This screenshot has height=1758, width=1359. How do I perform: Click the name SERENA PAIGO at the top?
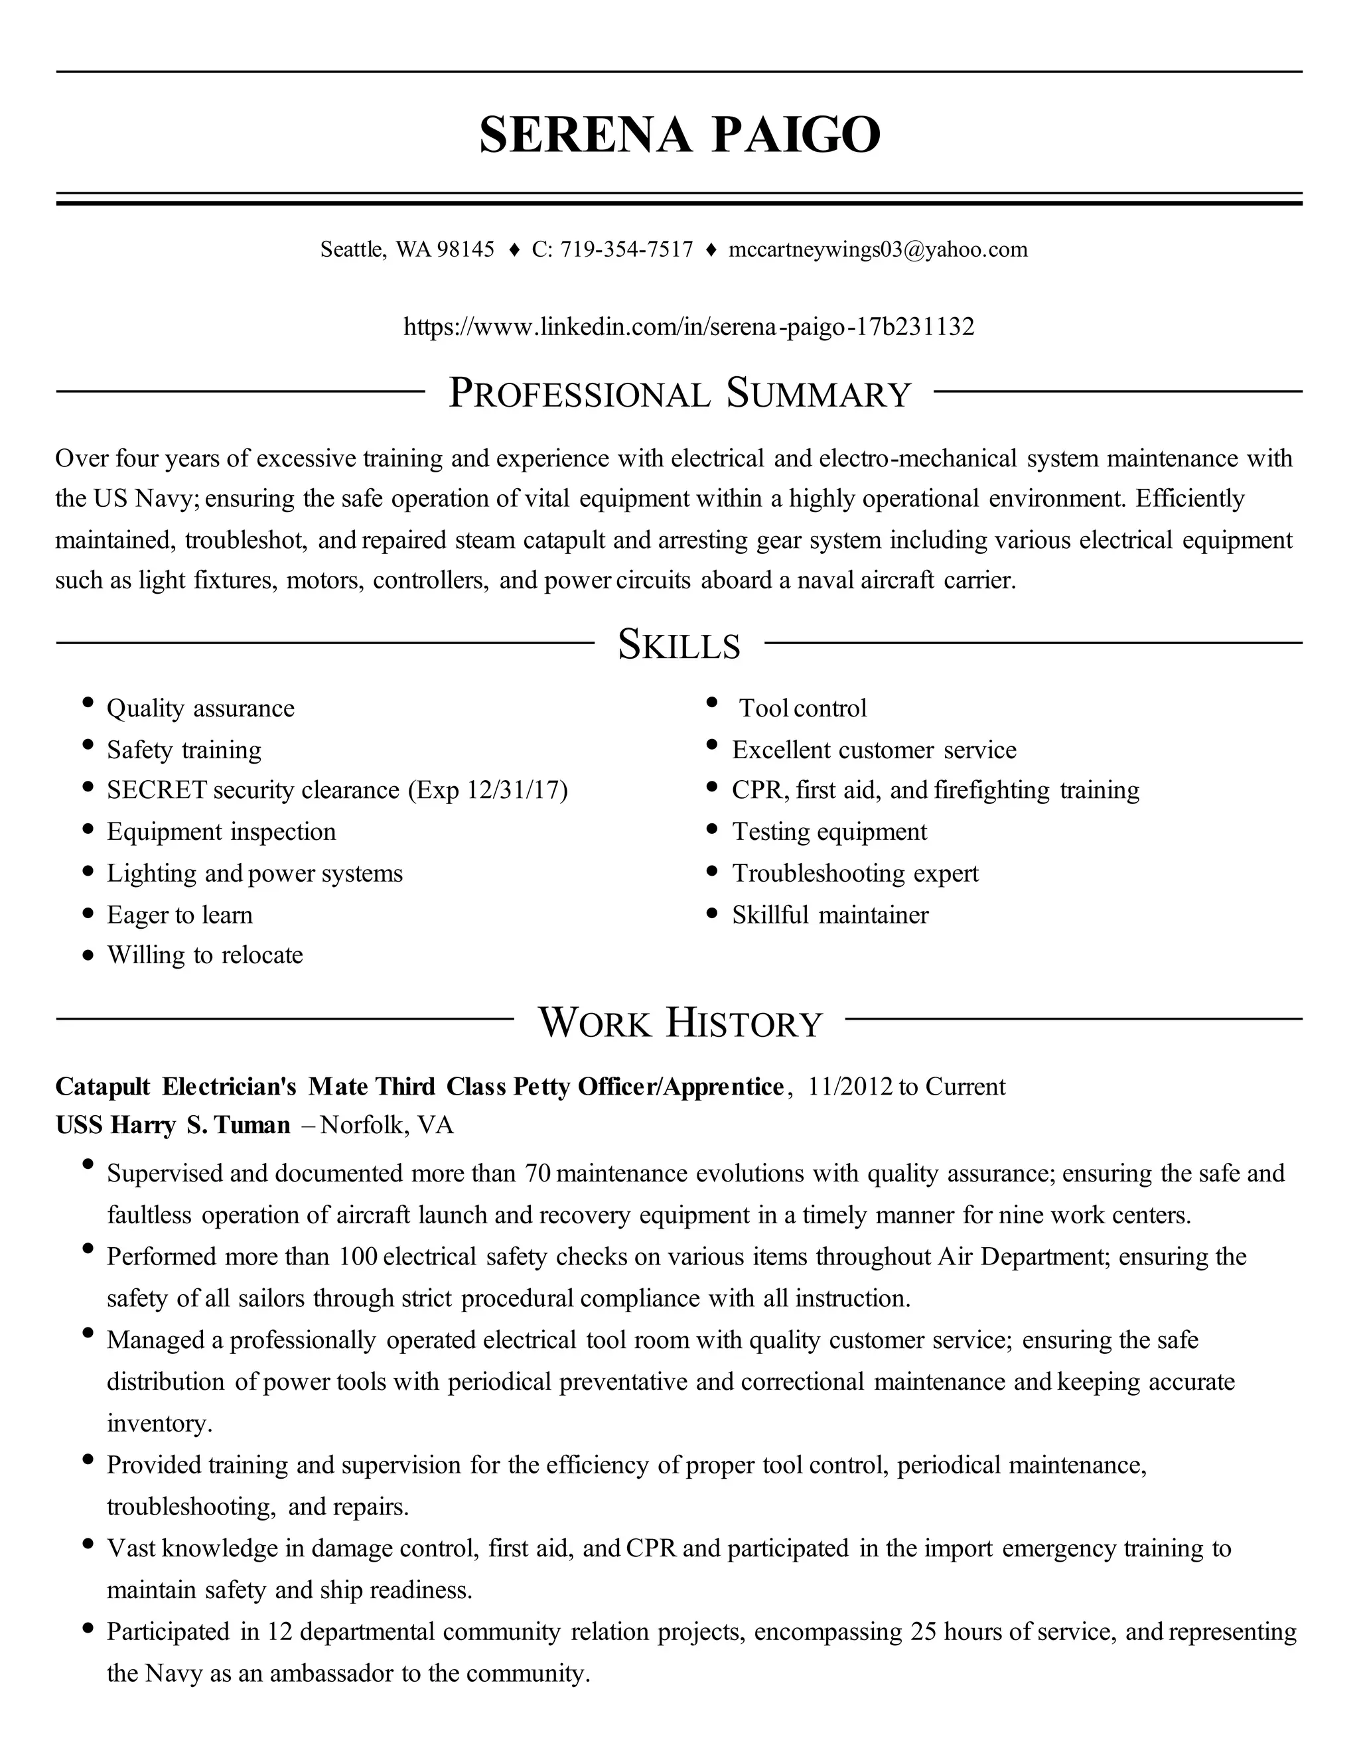click(679, 135)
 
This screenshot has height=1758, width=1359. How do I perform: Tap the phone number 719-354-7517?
click(626, 249)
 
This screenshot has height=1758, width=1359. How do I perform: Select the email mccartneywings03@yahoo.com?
click(877, 249)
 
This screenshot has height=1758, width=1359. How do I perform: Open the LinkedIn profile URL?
click(688, 327)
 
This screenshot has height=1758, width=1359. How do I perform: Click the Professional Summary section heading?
click(679, 393)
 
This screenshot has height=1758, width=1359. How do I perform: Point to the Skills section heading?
click(679, 645)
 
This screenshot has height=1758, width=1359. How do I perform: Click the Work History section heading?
click(679, 1022)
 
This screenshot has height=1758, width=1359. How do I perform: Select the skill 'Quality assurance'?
click(200, 709)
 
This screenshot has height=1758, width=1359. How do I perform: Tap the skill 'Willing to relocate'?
click(205, 955)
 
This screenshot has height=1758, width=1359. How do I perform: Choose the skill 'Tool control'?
click(803, 709)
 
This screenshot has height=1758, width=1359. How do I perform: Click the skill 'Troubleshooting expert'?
click(855, 874)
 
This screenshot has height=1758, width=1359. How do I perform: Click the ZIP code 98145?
click(465, 249)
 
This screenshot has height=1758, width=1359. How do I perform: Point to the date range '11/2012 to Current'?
click(906, 1087)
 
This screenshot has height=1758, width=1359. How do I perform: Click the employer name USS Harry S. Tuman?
click(173, 1125)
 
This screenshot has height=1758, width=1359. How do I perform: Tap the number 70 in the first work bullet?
click(537, 1174)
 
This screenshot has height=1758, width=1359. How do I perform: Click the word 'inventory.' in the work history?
click(159, 1423)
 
